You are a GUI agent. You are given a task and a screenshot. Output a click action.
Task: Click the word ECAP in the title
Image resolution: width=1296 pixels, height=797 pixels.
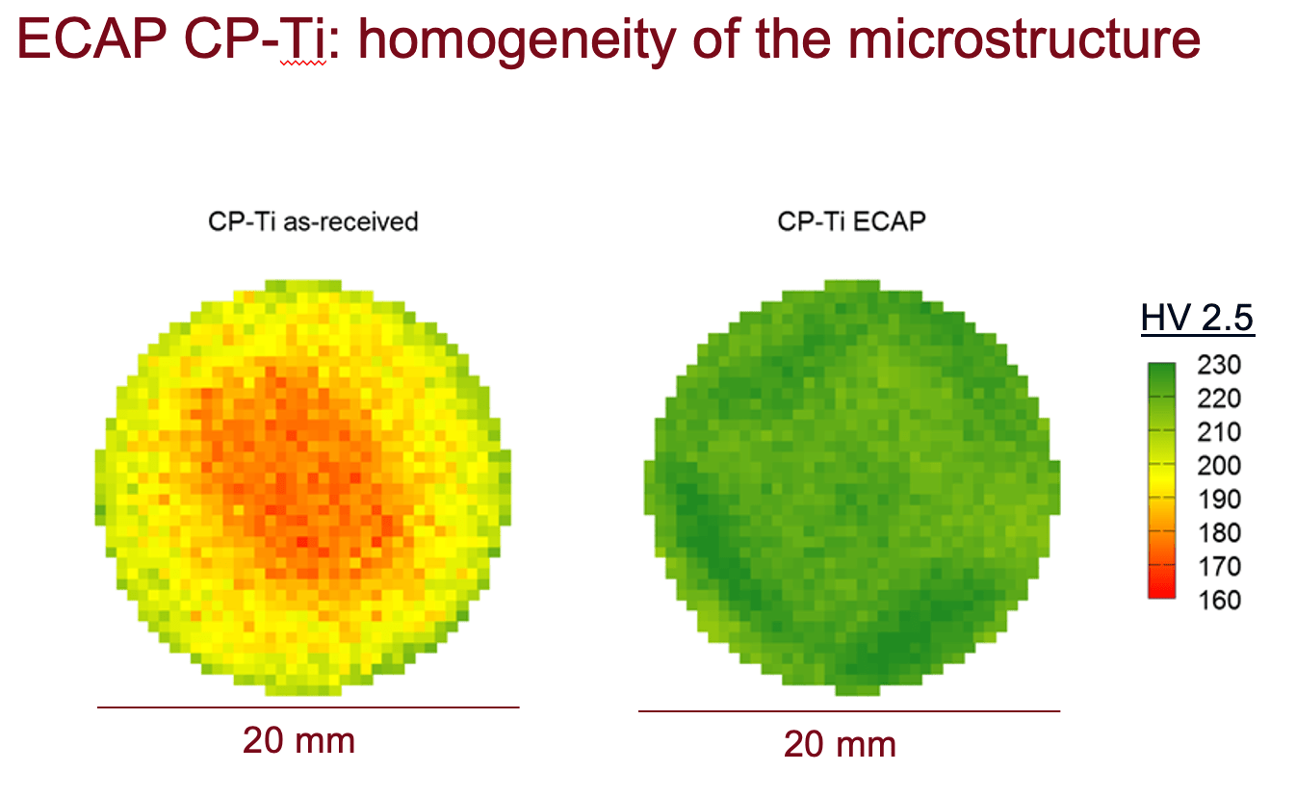click(x=92, y=39)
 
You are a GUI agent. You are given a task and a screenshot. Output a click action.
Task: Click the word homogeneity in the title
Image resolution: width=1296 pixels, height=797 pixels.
click(x=518, y=41)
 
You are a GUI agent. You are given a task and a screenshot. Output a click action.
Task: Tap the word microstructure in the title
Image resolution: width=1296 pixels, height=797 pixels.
click(x=1024, y=39)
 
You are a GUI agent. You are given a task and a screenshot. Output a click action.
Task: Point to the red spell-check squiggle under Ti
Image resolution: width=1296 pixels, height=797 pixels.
click(x=303, y=63)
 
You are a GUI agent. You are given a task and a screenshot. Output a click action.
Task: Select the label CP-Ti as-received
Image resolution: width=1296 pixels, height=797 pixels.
click(x=313, y=222)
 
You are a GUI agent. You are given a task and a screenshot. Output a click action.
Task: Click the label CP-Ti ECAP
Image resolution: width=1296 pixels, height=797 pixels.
click(x=852, y=221)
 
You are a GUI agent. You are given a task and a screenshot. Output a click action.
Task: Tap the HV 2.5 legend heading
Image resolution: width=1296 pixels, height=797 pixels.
click(x=1197, y=318)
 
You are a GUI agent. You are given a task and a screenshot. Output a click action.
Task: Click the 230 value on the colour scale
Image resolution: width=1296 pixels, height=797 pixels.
click(x=1219, y=365)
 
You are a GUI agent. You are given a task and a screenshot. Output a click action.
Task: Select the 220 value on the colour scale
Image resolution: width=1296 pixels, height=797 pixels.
click(x=1219, y=398)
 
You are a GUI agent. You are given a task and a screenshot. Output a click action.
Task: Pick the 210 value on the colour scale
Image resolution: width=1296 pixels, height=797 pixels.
click(x=1219, y=432)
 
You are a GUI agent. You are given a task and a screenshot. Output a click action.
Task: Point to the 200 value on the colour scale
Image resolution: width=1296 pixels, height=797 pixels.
click(x=1219, y=466)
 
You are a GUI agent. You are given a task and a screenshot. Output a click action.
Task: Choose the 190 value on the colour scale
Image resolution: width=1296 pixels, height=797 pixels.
click(x=1219, y=500)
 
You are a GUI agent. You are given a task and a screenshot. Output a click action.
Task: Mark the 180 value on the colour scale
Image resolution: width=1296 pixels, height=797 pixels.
click(x=1219, y=532)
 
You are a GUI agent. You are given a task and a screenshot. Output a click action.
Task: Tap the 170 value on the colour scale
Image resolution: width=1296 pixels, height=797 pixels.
click(x=1219, y=566)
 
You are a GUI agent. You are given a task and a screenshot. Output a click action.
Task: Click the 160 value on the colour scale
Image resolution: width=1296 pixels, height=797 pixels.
click(x=1219, y=601)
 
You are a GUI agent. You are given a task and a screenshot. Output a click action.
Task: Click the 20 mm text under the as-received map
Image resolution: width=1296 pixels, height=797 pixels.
click(x=298, y=740)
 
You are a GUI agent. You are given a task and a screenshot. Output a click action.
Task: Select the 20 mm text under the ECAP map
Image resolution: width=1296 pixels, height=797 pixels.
click(x=840, y=744)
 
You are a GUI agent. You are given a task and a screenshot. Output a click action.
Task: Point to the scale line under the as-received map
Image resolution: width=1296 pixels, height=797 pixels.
click(x=308, y=707)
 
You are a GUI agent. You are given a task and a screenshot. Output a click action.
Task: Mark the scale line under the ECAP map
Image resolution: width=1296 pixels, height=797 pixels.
click(x=849, y=710)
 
